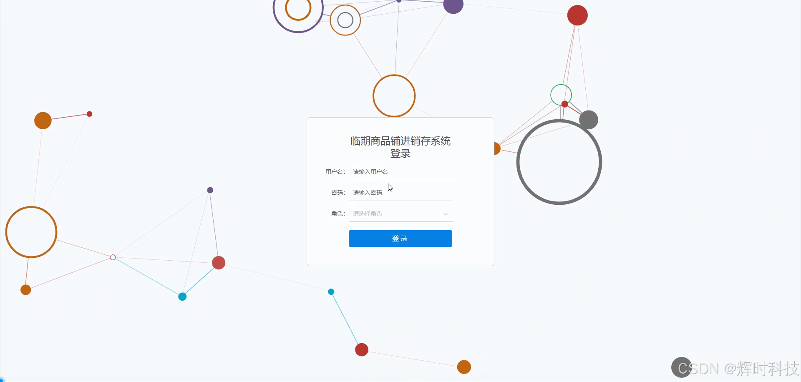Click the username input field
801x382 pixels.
(400, 172)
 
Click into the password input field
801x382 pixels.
(400, 193)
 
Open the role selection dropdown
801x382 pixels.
(396, 214)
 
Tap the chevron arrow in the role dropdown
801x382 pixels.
(446, 214)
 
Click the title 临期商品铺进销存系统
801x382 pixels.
(400, 141)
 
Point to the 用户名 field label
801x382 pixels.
(335, 172)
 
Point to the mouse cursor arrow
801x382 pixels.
(390, 188)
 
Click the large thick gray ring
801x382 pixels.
(519, 162)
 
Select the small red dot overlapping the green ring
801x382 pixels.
(564, 104)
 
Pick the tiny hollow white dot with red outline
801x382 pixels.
(113, 257)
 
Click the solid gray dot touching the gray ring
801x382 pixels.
(589, 120)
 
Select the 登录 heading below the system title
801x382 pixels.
(400, 153)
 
